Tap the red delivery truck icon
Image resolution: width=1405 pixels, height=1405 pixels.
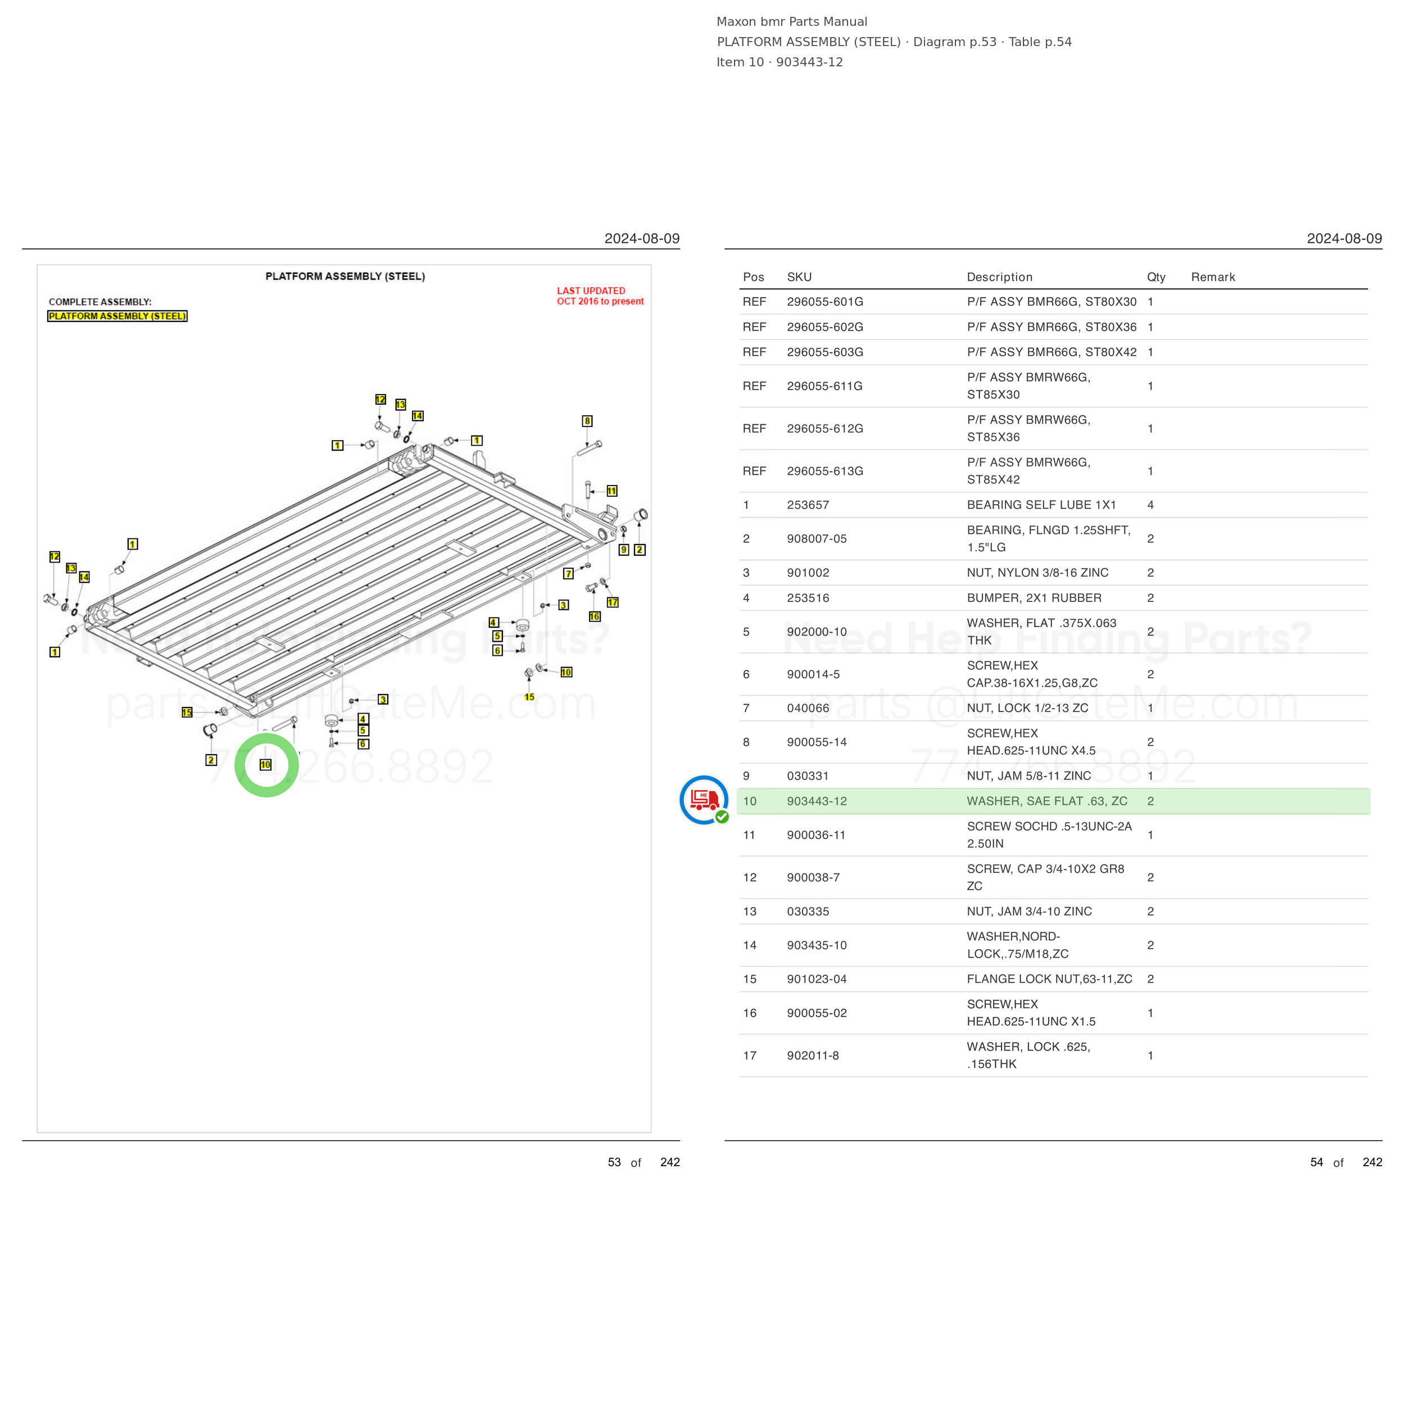(x=704, y=799)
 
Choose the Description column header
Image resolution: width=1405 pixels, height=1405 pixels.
(x=999, y=277)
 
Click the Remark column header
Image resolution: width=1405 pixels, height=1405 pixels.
(x=1213, y=277)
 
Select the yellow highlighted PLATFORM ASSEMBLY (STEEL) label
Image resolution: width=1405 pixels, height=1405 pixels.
(x=117, y=316)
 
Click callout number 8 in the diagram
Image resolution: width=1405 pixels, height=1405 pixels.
(x=587, y=421)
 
